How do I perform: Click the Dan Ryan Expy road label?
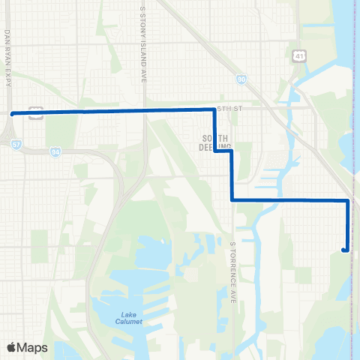7,58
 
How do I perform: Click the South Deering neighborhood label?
215,141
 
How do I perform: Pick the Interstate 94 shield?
56,152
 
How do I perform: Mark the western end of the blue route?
12,114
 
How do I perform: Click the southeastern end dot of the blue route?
344,250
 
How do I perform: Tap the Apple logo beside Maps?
11,347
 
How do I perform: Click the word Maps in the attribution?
33,347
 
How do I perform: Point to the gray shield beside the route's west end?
34,111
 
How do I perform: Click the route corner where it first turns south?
215,110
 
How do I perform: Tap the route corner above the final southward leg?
347,200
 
